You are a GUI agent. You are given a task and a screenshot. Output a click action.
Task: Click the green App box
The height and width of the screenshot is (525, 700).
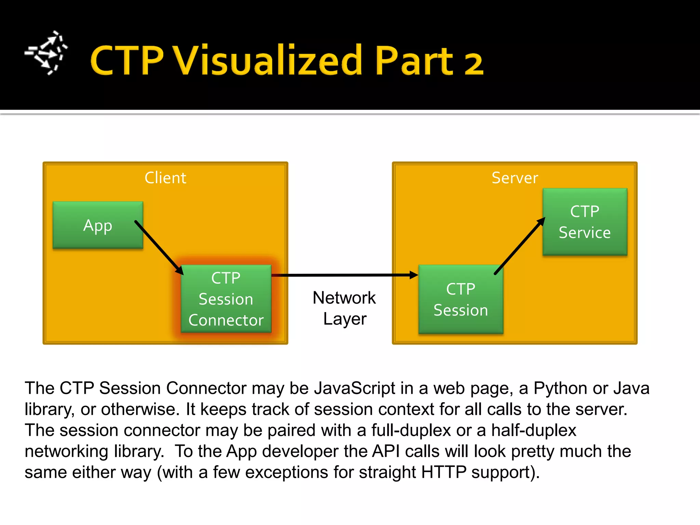(x=97, y=225)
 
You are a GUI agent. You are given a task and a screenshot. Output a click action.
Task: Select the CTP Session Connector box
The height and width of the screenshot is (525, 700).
(x=226, y=299)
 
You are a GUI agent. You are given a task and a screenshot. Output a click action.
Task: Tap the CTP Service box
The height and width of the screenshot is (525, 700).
(x=584, y=222)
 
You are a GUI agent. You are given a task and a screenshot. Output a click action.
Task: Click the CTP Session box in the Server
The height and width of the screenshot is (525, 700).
(x=460, y=299)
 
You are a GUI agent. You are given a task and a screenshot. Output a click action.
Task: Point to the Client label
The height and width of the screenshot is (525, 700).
(x=165, y=178)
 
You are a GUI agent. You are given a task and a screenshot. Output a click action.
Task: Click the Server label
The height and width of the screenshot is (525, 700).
(x=515, y=178)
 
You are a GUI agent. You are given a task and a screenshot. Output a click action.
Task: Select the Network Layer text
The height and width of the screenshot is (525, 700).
(x=344, y=308)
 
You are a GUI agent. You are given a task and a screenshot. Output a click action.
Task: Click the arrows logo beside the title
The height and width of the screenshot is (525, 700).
(x=46, y=53)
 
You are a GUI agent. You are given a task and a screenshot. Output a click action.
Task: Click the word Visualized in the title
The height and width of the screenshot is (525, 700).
(x=268, y=60)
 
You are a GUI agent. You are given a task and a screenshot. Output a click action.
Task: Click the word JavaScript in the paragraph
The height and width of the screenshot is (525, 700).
(x=354, y=388)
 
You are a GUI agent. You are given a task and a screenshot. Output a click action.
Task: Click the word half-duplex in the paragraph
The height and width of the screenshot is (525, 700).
(x=534, y=430)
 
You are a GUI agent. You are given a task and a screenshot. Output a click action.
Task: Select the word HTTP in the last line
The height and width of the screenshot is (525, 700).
(x=444, y=472)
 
